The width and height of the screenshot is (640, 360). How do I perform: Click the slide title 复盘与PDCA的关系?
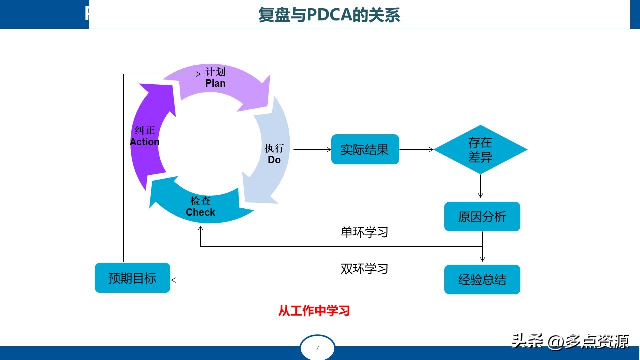[329, 15]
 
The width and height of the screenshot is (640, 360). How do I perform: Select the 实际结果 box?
[365, 149]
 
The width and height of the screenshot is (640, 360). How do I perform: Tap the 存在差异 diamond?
[480, 150]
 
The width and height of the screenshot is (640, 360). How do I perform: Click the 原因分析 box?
[482, 217]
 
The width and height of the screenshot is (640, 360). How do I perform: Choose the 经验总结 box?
[482, 280]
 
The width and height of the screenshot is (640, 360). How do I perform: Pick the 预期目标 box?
[132, 278]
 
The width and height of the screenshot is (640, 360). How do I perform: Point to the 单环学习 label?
[364, 232]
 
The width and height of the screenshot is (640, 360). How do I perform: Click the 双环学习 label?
[364, 269]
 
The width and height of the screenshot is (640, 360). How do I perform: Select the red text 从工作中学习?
[314, 311]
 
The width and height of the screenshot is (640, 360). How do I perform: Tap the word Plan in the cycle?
[215, 83]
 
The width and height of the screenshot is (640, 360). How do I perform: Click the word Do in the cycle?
[274, 160]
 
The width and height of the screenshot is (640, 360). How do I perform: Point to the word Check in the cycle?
[200, 212]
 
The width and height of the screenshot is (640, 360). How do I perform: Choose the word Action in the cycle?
[145, 142]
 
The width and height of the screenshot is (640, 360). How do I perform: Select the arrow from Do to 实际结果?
[312, 149]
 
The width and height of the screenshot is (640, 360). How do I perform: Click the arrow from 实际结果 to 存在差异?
[416, 149]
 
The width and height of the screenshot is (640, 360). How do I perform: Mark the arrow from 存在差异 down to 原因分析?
[480, 187]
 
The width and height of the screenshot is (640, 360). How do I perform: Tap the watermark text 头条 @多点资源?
[570, 342]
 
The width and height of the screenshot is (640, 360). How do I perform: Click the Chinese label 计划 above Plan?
[215, 72]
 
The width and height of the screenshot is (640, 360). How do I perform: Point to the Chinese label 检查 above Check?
[200, 201]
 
